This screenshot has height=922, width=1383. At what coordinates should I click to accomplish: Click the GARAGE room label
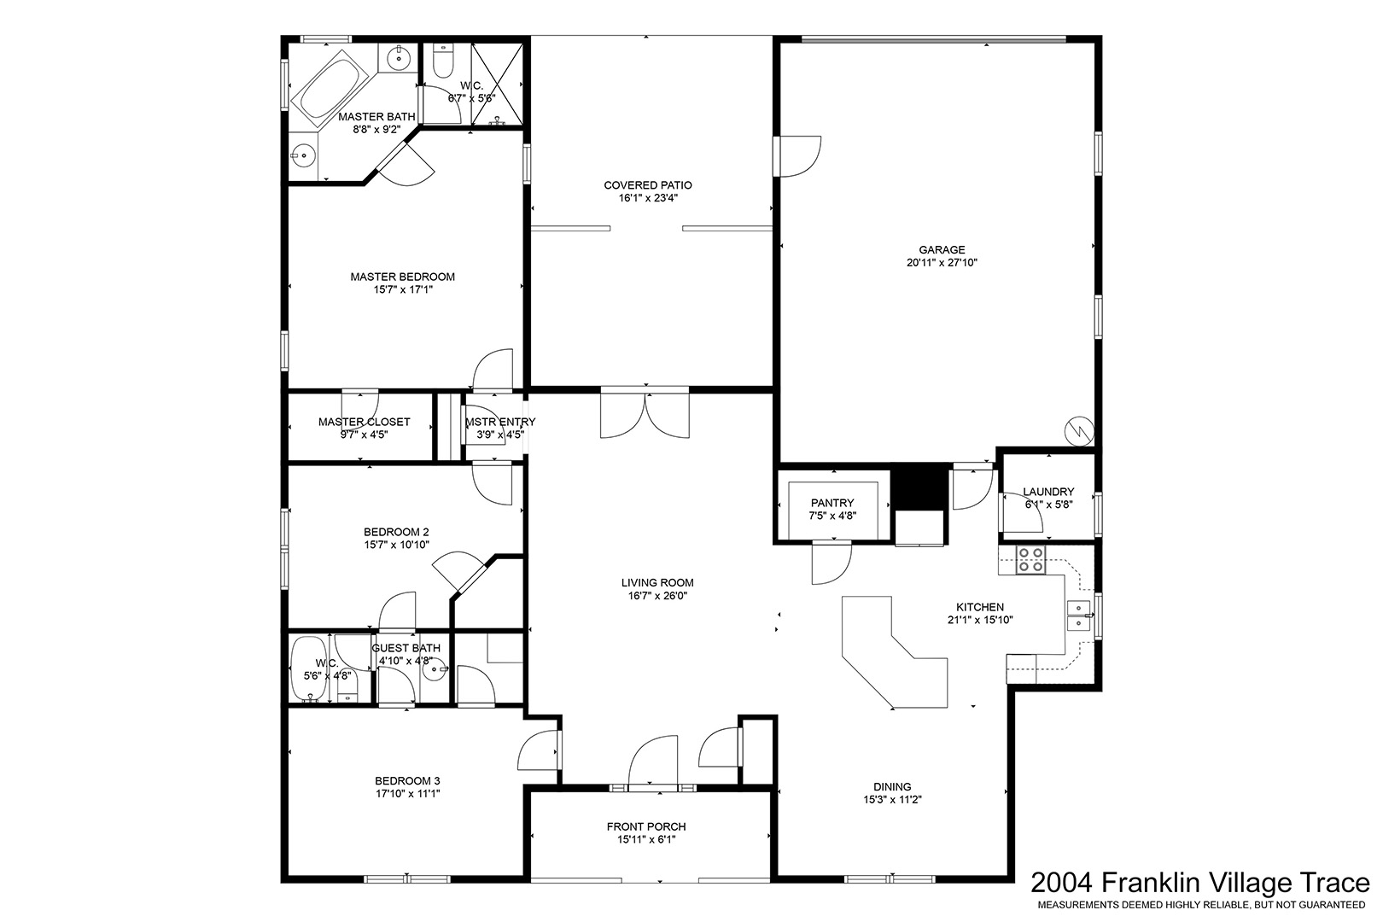942,250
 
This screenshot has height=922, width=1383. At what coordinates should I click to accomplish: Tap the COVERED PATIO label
648,185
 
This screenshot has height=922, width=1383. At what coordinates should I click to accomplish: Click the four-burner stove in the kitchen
1030,560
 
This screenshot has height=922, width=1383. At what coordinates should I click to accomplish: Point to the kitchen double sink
1079,616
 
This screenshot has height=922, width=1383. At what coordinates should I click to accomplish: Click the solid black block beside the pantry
919,487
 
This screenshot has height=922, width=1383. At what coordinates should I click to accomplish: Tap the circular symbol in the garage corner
1079,430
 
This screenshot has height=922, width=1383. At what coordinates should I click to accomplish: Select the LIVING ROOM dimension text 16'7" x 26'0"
657,596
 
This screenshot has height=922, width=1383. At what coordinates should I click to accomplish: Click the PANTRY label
832,504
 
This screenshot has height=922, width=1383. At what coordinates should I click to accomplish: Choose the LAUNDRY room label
1048,492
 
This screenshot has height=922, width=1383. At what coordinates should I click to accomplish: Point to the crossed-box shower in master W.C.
497,84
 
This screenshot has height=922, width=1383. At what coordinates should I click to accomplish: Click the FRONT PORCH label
646,826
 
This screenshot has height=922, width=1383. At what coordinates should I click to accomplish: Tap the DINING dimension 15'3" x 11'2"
892,800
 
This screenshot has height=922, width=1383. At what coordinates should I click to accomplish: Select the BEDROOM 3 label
407,780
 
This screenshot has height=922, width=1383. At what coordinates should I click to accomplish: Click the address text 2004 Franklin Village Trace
1200,883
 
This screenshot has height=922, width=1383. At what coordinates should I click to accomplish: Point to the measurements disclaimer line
1201,905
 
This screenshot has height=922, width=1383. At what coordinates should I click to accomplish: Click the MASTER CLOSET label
365,422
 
